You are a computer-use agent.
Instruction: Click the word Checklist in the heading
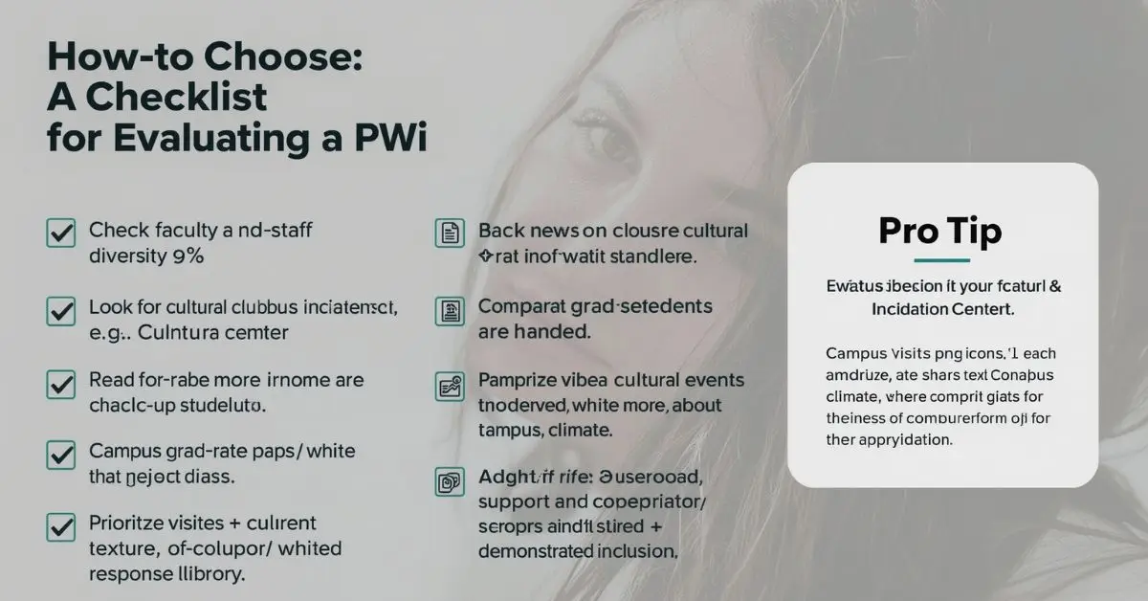tap(174, 97)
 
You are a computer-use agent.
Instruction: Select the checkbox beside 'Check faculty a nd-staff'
tap(61, 233)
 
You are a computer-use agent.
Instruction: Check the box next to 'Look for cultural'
tap(61, 311)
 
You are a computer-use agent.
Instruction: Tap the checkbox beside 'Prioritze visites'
tap(61, 527)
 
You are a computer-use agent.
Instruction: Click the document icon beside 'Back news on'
tap(450, 234)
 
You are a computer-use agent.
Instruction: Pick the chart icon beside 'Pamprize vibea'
tap(450, 386)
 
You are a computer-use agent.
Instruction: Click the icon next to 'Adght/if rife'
tap(450, 481)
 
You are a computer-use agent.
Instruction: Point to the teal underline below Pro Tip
tap(941, 260)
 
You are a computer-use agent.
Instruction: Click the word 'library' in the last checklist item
tap(208, 574)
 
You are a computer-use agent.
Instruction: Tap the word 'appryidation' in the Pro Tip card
tap(905, 441)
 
